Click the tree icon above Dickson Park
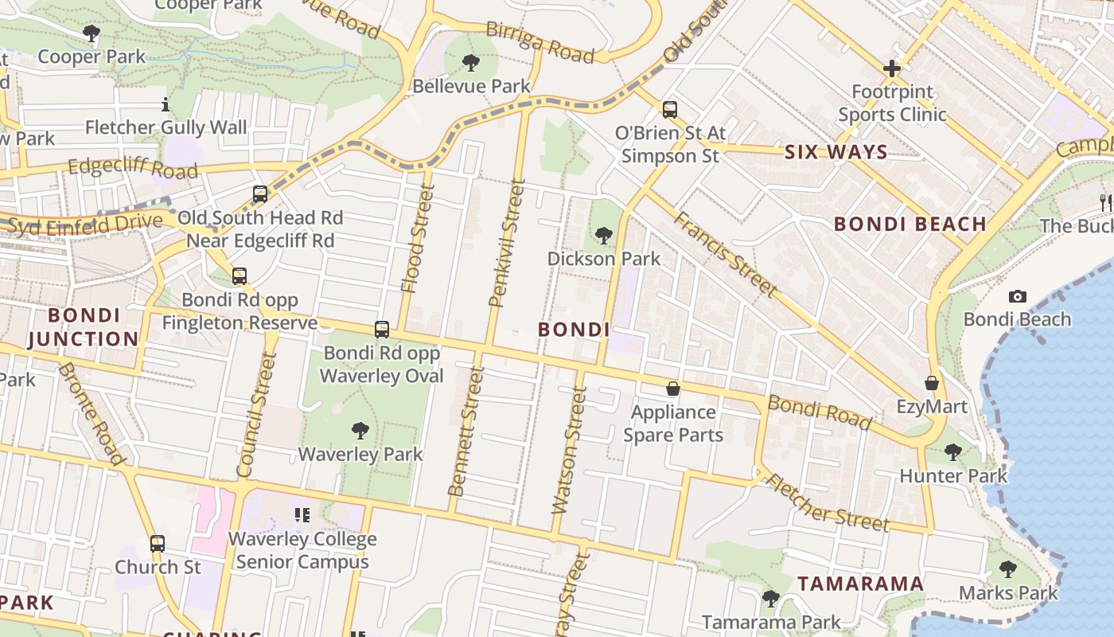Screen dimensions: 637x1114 click(x=604, y=235)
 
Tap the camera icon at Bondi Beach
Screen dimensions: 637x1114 click(x=1017, y=297)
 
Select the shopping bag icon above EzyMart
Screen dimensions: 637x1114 click(x=931, y=384)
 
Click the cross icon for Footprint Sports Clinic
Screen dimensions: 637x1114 click(x=891, y=68)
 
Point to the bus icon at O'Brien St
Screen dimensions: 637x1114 click(x=670, y=110)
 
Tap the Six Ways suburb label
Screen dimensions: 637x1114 click(x=835, y=152)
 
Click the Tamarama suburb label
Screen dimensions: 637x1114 click(x=860, y=584)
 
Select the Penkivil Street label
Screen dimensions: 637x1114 click(x=507, y=244)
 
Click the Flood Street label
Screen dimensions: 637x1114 click(x=418, y=239)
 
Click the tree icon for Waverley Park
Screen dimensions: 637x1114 click(x=360, y=431)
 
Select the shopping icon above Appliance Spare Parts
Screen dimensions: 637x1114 click(x=673, y=389)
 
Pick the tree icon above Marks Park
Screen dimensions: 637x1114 click(x=1007, y=569)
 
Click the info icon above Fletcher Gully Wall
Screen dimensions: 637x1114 click(x=166, y=104)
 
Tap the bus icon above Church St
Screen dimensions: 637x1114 click(x=158, y=544)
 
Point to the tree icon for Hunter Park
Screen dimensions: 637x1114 click(x=952, y=452)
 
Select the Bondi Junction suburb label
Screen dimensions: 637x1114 click(x=83, y=327)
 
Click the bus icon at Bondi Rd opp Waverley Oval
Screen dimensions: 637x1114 click(x=382, y=329)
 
